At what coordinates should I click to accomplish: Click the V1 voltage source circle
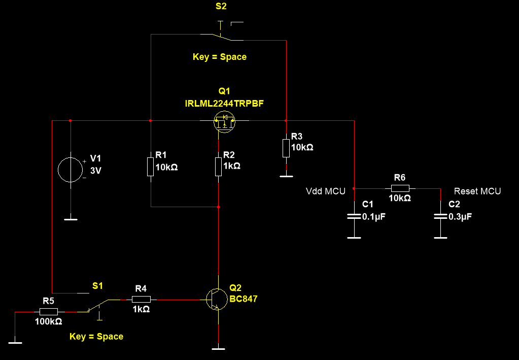click(71, 170)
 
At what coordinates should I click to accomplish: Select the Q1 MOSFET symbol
click(224, 121)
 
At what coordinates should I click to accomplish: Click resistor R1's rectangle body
click(151, 167)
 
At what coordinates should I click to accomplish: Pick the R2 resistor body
click(219, 167)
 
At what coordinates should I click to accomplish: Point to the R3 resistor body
click(286, 148)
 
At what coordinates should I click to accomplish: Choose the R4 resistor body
click(141, 300)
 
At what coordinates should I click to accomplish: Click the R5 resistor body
click(49, 311)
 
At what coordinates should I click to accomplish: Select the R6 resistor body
click(400, 188)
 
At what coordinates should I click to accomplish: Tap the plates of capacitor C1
click(354, 217)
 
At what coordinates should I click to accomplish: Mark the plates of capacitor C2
click(440, 217)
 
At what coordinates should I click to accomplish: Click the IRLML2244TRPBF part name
click(224, 104)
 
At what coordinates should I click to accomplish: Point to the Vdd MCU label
click(325, 191)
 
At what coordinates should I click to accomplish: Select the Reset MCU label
click(477, 191)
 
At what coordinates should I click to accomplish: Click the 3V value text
click(95, 171)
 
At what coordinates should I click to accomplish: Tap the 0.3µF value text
click(460, 216)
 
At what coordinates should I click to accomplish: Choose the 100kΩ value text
click(49, 322)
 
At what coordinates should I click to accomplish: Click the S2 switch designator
click(222, 7)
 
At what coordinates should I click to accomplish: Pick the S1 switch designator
click(97, 286)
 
